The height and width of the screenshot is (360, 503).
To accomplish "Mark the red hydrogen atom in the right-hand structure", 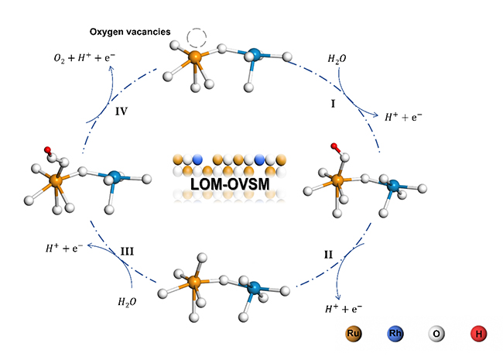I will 334,146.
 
